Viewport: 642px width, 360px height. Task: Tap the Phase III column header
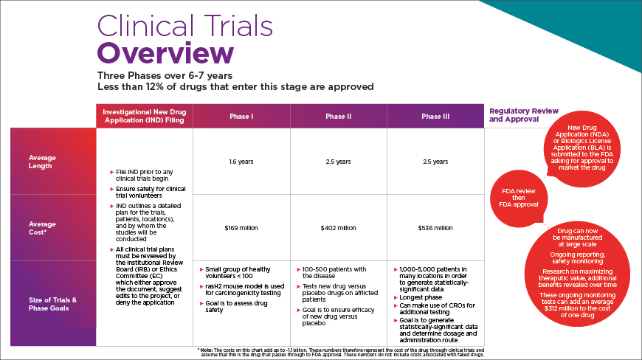click(x=435, y=117)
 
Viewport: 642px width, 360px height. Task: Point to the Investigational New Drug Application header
click(x=144, y=116)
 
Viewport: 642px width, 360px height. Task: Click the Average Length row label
click(x=42, y=162)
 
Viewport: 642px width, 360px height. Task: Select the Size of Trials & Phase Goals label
click(x=53, y=303)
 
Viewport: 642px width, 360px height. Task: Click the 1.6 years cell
click(x=241, y=161)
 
